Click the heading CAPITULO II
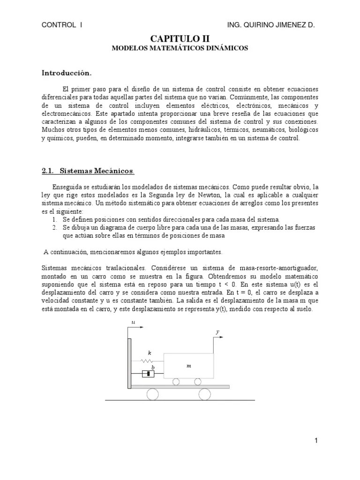pyautogui.click(x=180, y=38)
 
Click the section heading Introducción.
pyautogui.click(x=66, y=73)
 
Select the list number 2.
pyautogui.click(x=54, y=227)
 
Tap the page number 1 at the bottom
pyautogui.click(x=316, y=440)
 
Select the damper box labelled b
pyautogui.click(x=148, y=374)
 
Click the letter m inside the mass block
pyautogui.click(x=188, y=366)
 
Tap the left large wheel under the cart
pyautogui.click(x=153, y=394)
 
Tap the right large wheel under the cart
pyautogui.click(x=206, y=394)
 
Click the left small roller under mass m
pyautogui.click(x=175, y=382)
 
